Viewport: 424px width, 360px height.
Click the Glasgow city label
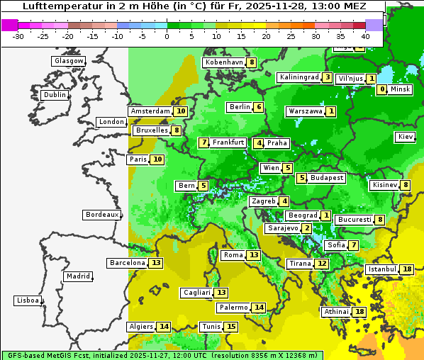point(68,61)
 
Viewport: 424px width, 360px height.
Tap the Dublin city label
point(55,95)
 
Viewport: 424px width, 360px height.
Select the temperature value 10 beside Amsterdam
point(181,111)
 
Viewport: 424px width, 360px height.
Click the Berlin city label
point(240,107)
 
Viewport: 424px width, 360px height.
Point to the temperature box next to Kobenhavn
point(252,62)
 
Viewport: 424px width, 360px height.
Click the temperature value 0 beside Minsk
point(382,89)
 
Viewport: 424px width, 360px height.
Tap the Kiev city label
point(406,137)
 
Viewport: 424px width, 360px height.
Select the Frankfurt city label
point(228,142)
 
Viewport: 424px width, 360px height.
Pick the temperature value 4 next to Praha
point(259,143)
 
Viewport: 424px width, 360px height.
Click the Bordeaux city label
point(101,215)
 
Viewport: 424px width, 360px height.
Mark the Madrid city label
point(77,276)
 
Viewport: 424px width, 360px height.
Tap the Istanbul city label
point(382,269)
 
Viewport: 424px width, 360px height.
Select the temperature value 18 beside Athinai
point(359,312)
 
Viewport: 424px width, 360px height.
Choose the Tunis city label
point(211,327)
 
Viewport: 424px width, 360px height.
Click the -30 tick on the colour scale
point(18,36)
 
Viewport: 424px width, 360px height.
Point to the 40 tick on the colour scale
point(365,36)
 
